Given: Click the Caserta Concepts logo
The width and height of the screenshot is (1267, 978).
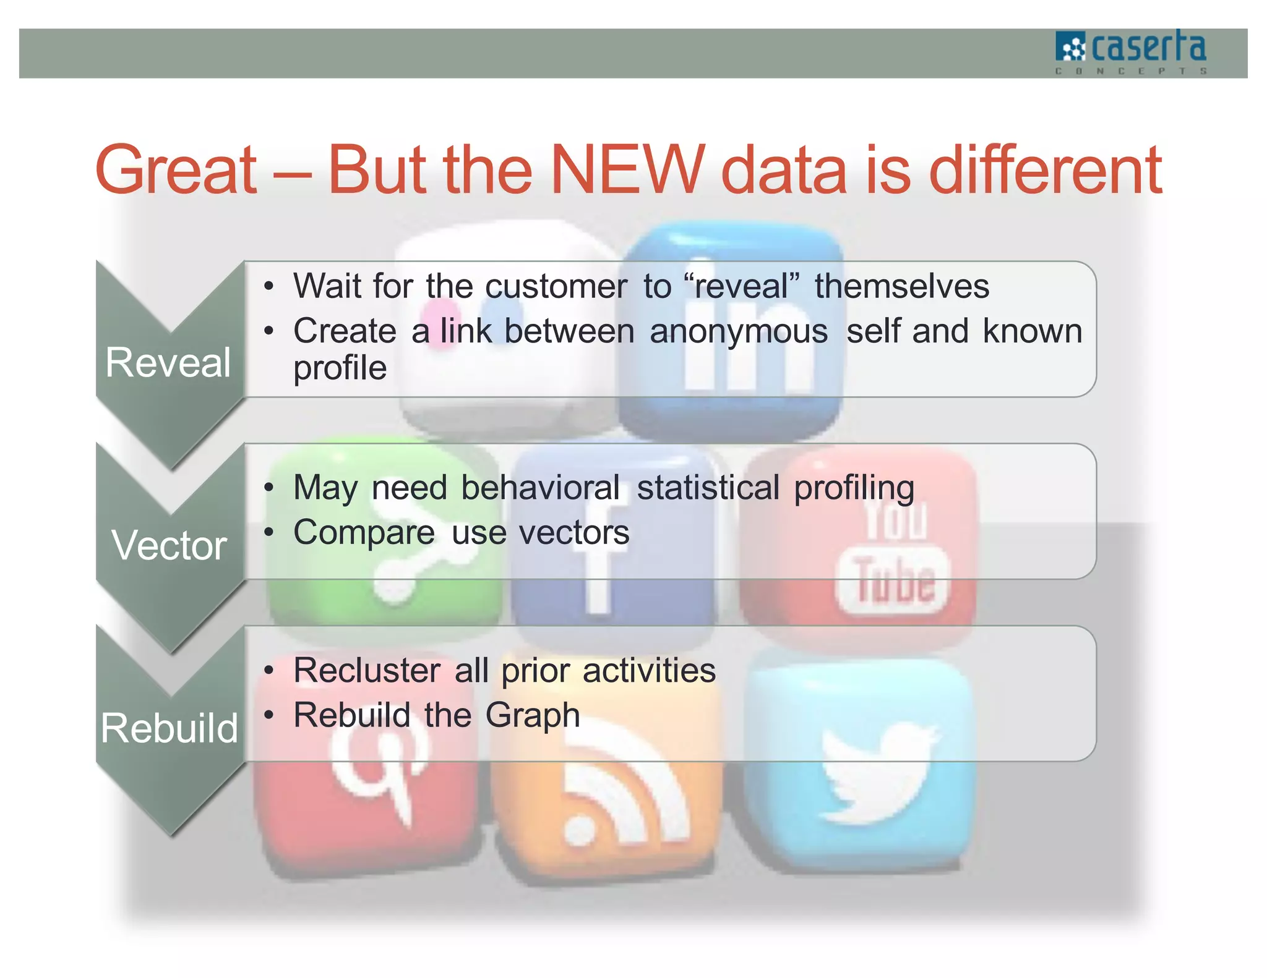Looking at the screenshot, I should pyautogui.click(x=1131, y=52).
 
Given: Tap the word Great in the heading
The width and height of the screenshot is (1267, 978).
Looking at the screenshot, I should pyautogui.click(x=176, y=169).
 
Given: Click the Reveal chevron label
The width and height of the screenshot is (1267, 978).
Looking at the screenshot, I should pyautogui.click(x=168, y=362).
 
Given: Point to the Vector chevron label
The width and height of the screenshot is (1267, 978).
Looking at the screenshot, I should pyautogui.click(x=169, y=546).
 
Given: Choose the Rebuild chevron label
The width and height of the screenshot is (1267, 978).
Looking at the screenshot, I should pyautogui.click(x=169, y=728).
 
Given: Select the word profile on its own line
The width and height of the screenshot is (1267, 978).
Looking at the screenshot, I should pyautogui.click(x=340, y=368).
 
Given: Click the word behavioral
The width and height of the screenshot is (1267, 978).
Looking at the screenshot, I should pyautogui.click(x=540, y=488).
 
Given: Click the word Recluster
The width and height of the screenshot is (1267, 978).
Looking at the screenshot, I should pyautogui.click(x=367, y=671).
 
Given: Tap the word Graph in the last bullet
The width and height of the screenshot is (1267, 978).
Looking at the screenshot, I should pyautogui.click(x=532, y=716).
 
